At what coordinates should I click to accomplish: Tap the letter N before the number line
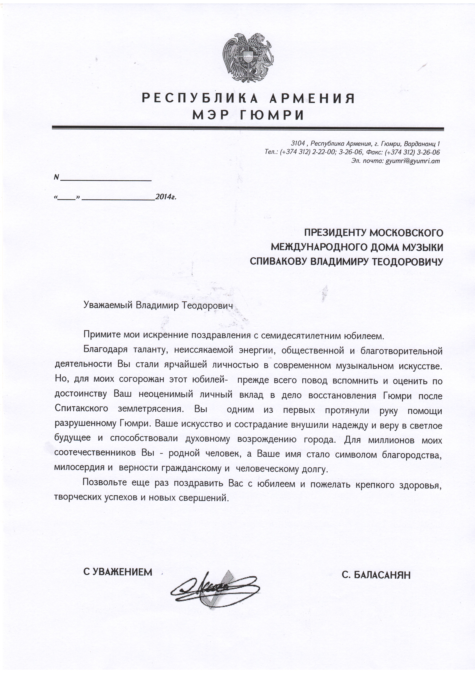tap(56, 177)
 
